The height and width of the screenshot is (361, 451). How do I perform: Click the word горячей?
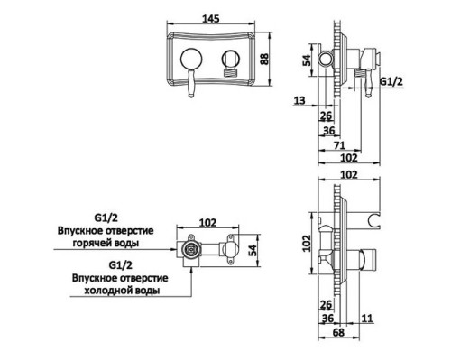pyautogui.click(x=126, y=243)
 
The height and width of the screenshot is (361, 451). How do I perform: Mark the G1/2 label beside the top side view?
pyautogui.click(x=391, y=81)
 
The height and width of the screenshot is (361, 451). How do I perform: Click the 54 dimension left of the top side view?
pyautogui.click(x=307, y=60)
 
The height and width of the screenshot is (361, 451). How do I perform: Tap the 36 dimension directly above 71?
pyautogui.click(x=329, y=129)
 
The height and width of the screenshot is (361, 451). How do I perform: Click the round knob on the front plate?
pyautogui.click(x=190, y=61)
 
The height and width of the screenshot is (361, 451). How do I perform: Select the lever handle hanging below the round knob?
pyautogui.click(x=191, y=88)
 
